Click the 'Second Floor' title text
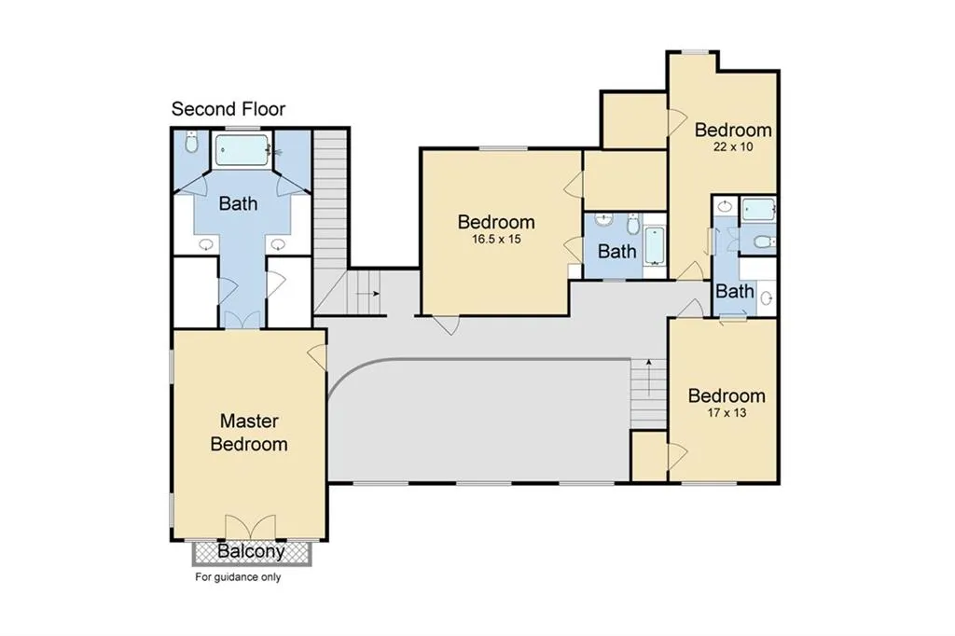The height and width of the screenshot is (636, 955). pyautogui.click(x=228, y=109)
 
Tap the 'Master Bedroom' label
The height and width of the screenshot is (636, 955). pyautogui.click(x=248, y=433)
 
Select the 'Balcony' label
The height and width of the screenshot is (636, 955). pyautogui.click(x=251, y=551)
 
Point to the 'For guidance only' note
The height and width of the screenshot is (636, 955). pyautogui.click(x=238, y=577)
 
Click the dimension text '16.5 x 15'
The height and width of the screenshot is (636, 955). pyautogui.click(x=496, y=240)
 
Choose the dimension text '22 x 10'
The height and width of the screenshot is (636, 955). pyautogui.click(x=733, y=146)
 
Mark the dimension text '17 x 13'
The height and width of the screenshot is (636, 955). pyautogui.click(x=727, y=413)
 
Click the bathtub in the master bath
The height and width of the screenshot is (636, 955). pyautogui.click(x=242, y=150)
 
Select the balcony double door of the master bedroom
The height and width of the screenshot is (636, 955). pyautogui.click(x=250, y=528)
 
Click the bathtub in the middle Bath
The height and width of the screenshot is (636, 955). pyautogui.click(x=654, y=246)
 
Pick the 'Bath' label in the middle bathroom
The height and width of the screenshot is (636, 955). pyautogui.click(x=617, y=251)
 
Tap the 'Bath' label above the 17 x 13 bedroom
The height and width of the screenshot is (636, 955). pyautogui.click(x=735, y=291)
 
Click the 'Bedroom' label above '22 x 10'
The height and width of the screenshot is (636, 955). pyautogui.click(x=733, y=130)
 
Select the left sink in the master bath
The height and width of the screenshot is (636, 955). pyautogui.click(x=206, y=245)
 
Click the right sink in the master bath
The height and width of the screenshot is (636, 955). pyautogui.click(x=278, y=245)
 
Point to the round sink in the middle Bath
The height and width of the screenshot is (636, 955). pyautogui.click(x=603, y=220)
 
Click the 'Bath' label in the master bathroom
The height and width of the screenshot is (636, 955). pyautogui.click(x=238, y=203)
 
